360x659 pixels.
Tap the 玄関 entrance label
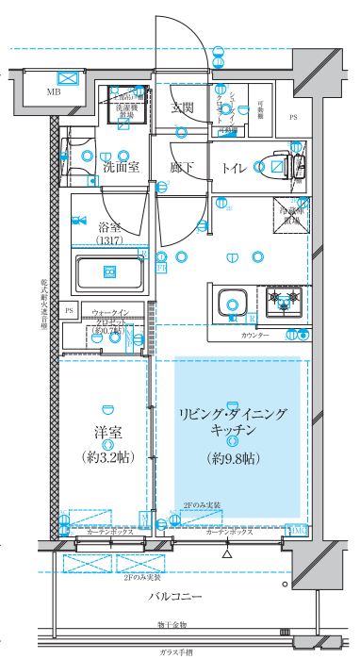click(x=183, y=107)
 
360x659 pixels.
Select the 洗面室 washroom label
click(x=121, y=168)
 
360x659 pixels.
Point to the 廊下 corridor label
click(x=183, y=168)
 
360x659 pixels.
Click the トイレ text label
click(x=235, y=168)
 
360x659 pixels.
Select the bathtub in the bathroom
click(x=107, y=274)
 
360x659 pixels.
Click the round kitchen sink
click(x=232, y=305)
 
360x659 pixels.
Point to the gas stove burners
click(x=283, y=303)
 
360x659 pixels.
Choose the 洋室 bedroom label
click(x=105, y=433)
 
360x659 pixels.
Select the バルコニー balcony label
click(x=179, y=596)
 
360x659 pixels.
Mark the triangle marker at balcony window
click(x=227, y=555)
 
